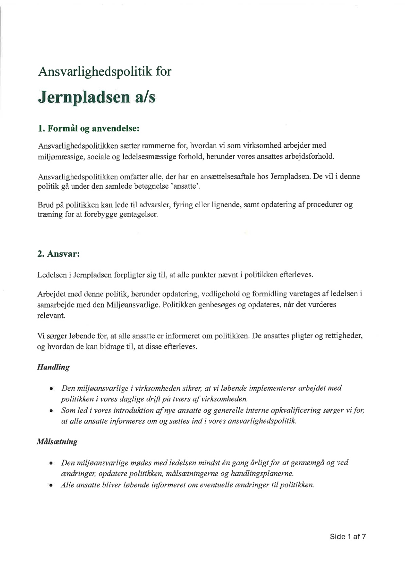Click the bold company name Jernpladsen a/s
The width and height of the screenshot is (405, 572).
(x=97, y=97)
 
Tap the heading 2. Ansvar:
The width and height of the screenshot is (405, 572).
(x=58, y=254)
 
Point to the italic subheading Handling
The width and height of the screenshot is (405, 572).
(x=53, y=367)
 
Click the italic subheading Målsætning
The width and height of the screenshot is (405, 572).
(x=57, y=442)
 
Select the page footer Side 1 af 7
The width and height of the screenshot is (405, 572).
(x=348, y=537)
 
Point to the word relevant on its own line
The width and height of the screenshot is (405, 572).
(x=51, y=316)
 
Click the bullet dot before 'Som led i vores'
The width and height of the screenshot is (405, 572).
(x=51, y=411)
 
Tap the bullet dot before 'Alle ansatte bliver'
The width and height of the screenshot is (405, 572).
(x=51, y=486)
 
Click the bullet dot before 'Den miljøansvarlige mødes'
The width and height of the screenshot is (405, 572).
(x=51, y=464)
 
